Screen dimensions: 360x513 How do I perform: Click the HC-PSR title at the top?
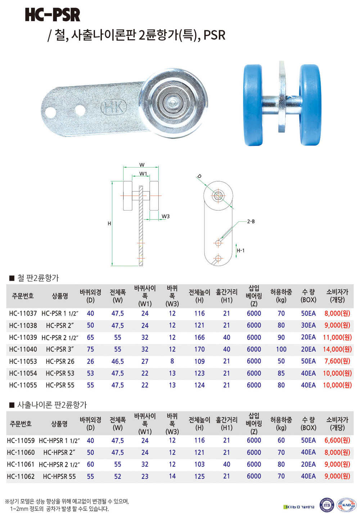pos(53,15)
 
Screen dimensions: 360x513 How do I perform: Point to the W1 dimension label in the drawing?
pos(143,174)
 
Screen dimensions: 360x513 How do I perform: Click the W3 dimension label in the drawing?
pos(166,216)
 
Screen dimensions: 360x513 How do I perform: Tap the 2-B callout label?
pos(251,222)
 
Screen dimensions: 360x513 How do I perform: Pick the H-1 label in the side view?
pos(240,250)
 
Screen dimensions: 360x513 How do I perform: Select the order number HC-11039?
pos(23,337)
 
